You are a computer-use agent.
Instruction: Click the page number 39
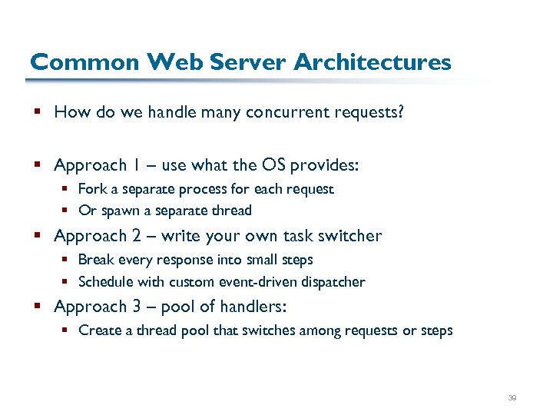pyautogui.click(x=512, y=398)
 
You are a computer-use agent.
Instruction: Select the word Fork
pyautogui.click(x=92, y=189)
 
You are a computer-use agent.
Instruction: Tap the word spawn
pyautogui.click(x=120, y=211)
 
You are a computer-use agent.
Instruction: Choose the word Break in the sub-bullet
pyautogui.click(x=95, y=260)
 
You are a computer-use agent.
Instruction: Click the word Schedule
pyautogui.click(x=104, y=282)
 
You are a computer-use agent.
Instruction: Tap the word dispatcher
pyautogui.click(x=334, y=282)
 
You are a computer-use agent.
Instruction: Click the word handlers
pyautogui.click(x=253, y=307)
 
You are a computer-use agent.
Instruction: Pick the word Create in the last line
pyautogui.click(x=98, y=330)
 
